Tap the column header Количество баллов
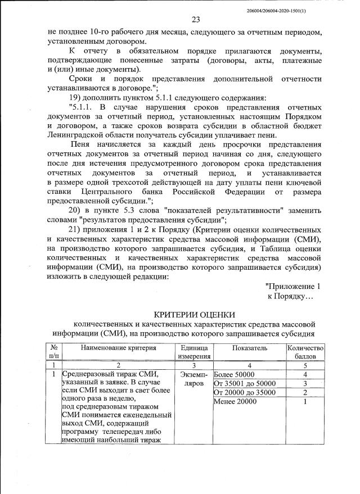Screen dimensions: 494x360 pos(305,352)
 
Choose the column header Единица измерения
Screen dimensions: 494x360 pos(194,352)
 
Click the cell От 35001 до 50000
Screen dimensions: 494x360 pos(245,383)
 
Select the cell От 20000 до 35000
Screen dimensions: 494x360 pos(245,392)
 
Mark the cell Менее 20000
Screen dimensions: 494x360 pos(235,401)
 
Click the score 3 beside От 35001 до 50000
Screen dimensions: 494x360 pos(304,383)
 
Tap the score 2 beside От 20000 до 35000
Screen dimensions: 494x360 pos(304,392)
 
